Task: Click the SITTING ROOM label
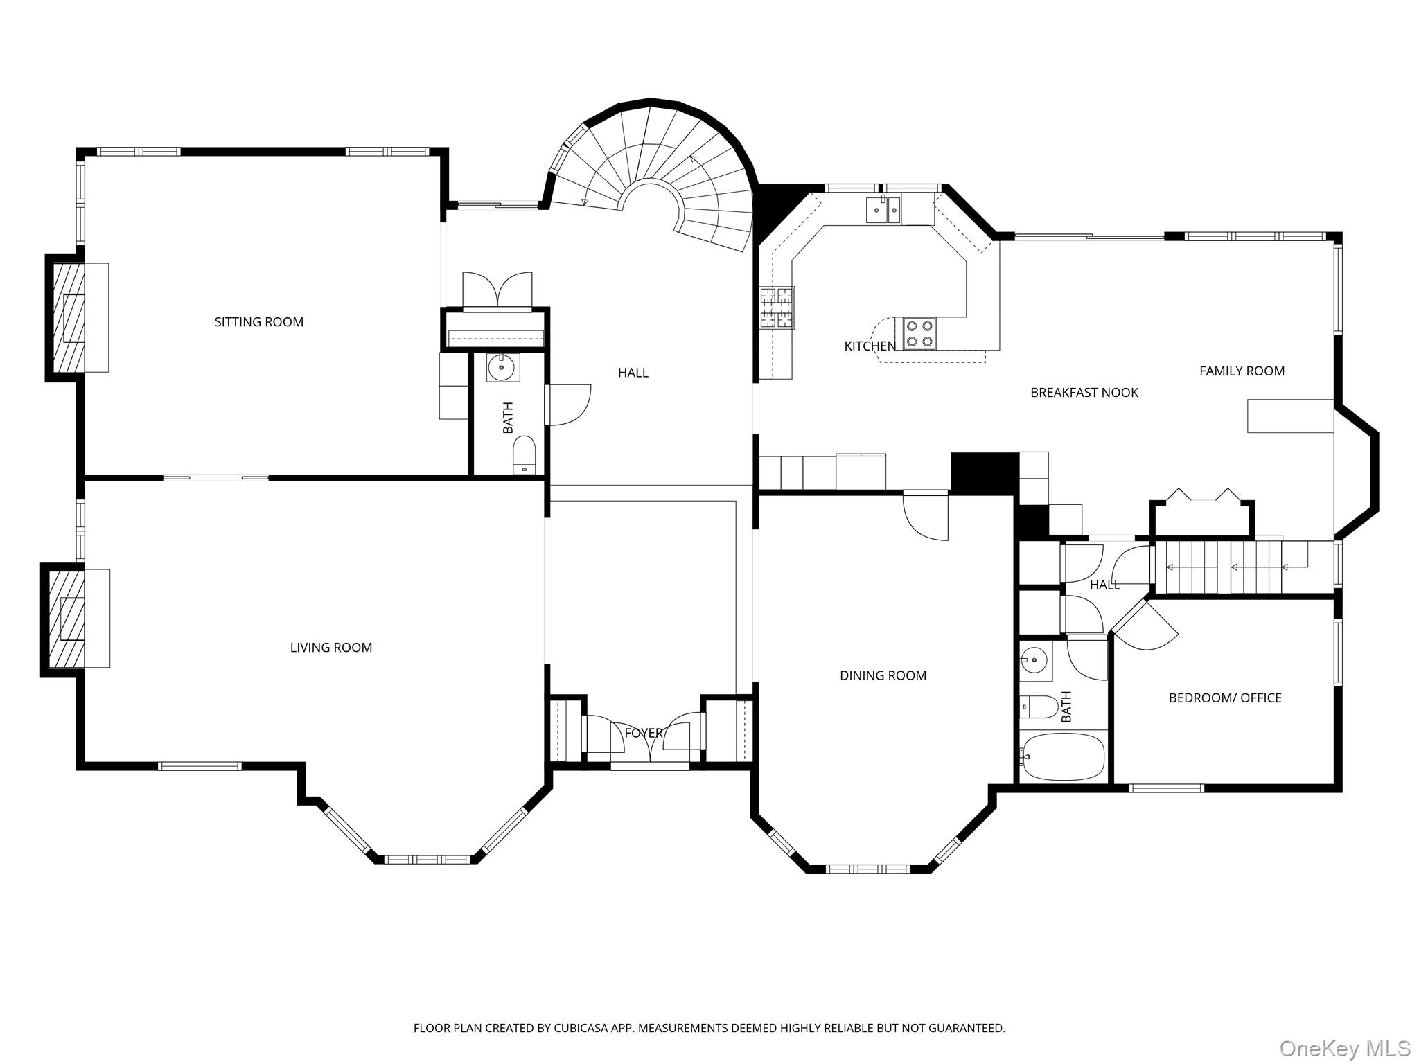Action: [258, 321]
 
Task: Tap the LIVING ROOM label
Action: [330, 647]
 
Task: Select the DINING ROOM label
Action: [883, 675]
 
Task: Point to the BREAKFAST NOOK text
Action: [1084, 393]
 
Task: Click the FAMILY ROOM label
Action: [1242, 371]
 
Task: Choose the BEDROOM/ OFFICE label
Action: [1224, 698]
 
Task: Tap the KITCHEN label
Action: [870, 346]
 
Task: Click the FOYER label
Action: [643, 733]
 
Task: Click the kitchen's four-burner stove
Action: [919, 333]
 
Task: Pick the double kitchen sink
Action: [883, 210]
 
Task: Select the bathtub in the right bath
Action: [1063, 756]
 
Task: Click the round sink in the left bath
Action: [502, 367]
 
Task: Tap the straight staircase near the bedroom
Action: [1226, 568]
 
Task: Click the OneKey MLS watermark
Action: [1344, 1048]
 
